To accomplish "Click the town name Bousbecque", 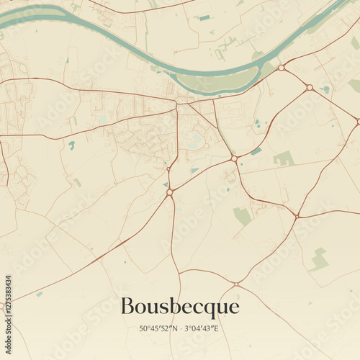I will pyautogui.click(x=179, y=307).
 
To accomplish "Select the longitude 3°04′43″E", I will pyautogui.click(x=201, y=328).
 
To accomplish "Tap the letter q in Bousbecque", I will pyautogui.click(x=210, y=309).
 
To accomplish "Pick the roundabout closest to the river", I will pyautogui.click(x=282, y=68).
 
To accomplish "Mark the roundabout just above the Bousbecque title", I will pyautogui.click(x=235, y=284).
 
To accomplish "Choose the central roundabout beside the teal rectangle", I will pyautogui.click(x=234, y=158).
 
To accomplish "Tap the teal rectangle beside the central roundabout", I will pyautogui.click(x=256, y=151).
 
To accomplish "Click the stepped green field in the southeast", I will pyautogui.click(x=319, y=259).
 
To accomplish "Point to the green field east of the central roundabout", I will pyautogui.click(x=283, y=158).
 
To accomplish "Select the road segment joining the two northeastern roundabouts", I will pyautogui.click(x=295, y=77).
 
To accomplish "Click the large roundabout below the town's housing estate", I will pyautogui.click(x=170, y=192).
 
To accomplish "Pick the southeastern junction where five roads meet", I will pyautogui.click(x=297, y=215).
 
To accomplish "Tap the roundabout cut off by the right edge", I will pyautogui.click(x=357, y=122).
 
